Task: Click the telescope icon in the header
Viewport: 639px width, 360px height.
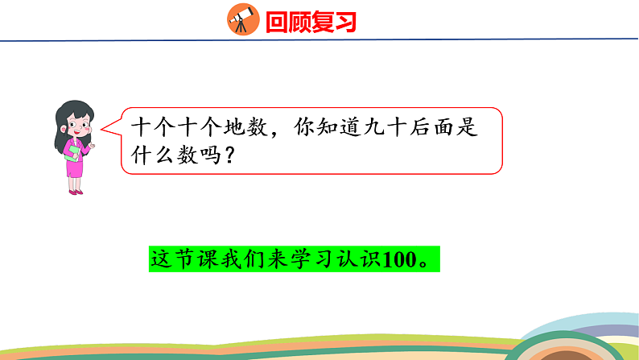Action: tap(241, 19)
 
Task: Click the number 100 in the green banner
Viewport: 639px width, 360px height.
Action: tap(402, 260)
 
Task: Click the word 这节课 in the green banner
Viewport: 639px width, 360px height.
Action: tap(181, 260)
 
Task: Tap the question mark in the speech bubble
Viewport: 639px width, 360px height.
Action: tap(228, 153)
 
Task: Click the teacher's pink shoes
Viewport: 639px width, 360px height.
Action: tap(75, 191)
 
